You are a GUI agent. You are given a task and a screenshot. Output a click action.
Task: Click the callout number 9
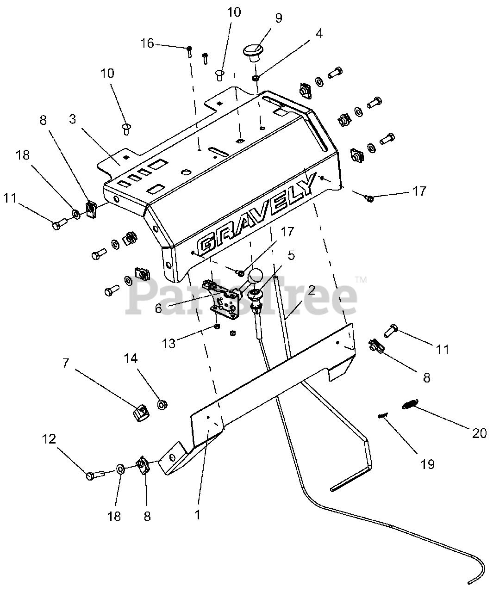(278, 18)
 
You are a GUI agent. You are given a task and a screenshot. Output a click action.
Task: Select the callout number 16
(147, 43)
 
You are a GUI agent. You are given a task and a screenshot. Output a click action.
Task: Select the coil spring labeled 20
(410, 404)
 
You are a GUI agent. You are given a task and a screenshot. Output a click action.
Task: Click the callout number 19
(428, 464)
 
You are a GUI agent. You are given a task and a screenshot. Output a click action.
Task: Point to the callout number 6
(159, 308)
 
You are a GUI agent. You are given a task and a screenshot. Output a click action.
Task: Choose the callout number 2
(311, 290)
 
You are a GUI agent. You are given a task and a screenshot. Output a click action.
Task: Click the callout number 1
(198, 514)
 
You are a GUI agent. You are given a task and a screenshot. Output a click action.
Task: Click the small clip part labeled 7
(140, 411)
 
